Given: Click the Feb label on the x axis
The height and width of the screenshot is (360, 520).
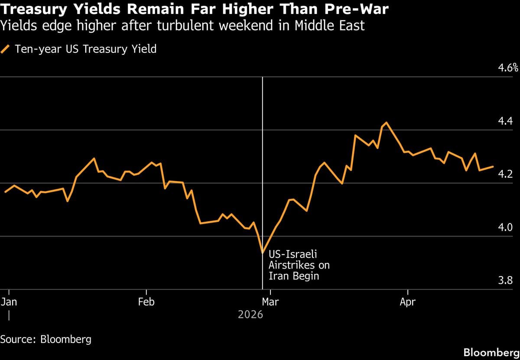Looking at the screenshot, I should (146, 302).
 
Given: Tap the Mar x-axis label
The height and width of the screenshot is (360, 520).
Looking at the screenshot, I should (270, 302).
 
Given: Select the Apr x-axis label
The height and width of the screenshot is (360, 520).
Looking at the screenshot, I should (408, 302).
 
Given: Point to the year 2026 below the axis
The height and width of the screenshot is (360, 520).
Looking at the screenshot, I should (250, 315).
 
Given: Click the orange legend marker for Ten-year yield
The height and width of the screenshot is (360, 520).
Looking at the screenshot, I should (6, 49).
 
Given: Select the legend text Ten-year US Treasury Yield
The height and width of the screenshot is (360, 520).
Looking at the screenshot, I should (85, 49).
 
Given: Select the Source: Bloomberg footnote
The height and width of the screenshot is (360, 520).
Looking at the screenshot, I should (46, 339).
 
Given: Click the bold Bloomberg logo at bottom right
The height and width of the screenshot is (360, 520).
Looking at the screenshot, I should (491, 352).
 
